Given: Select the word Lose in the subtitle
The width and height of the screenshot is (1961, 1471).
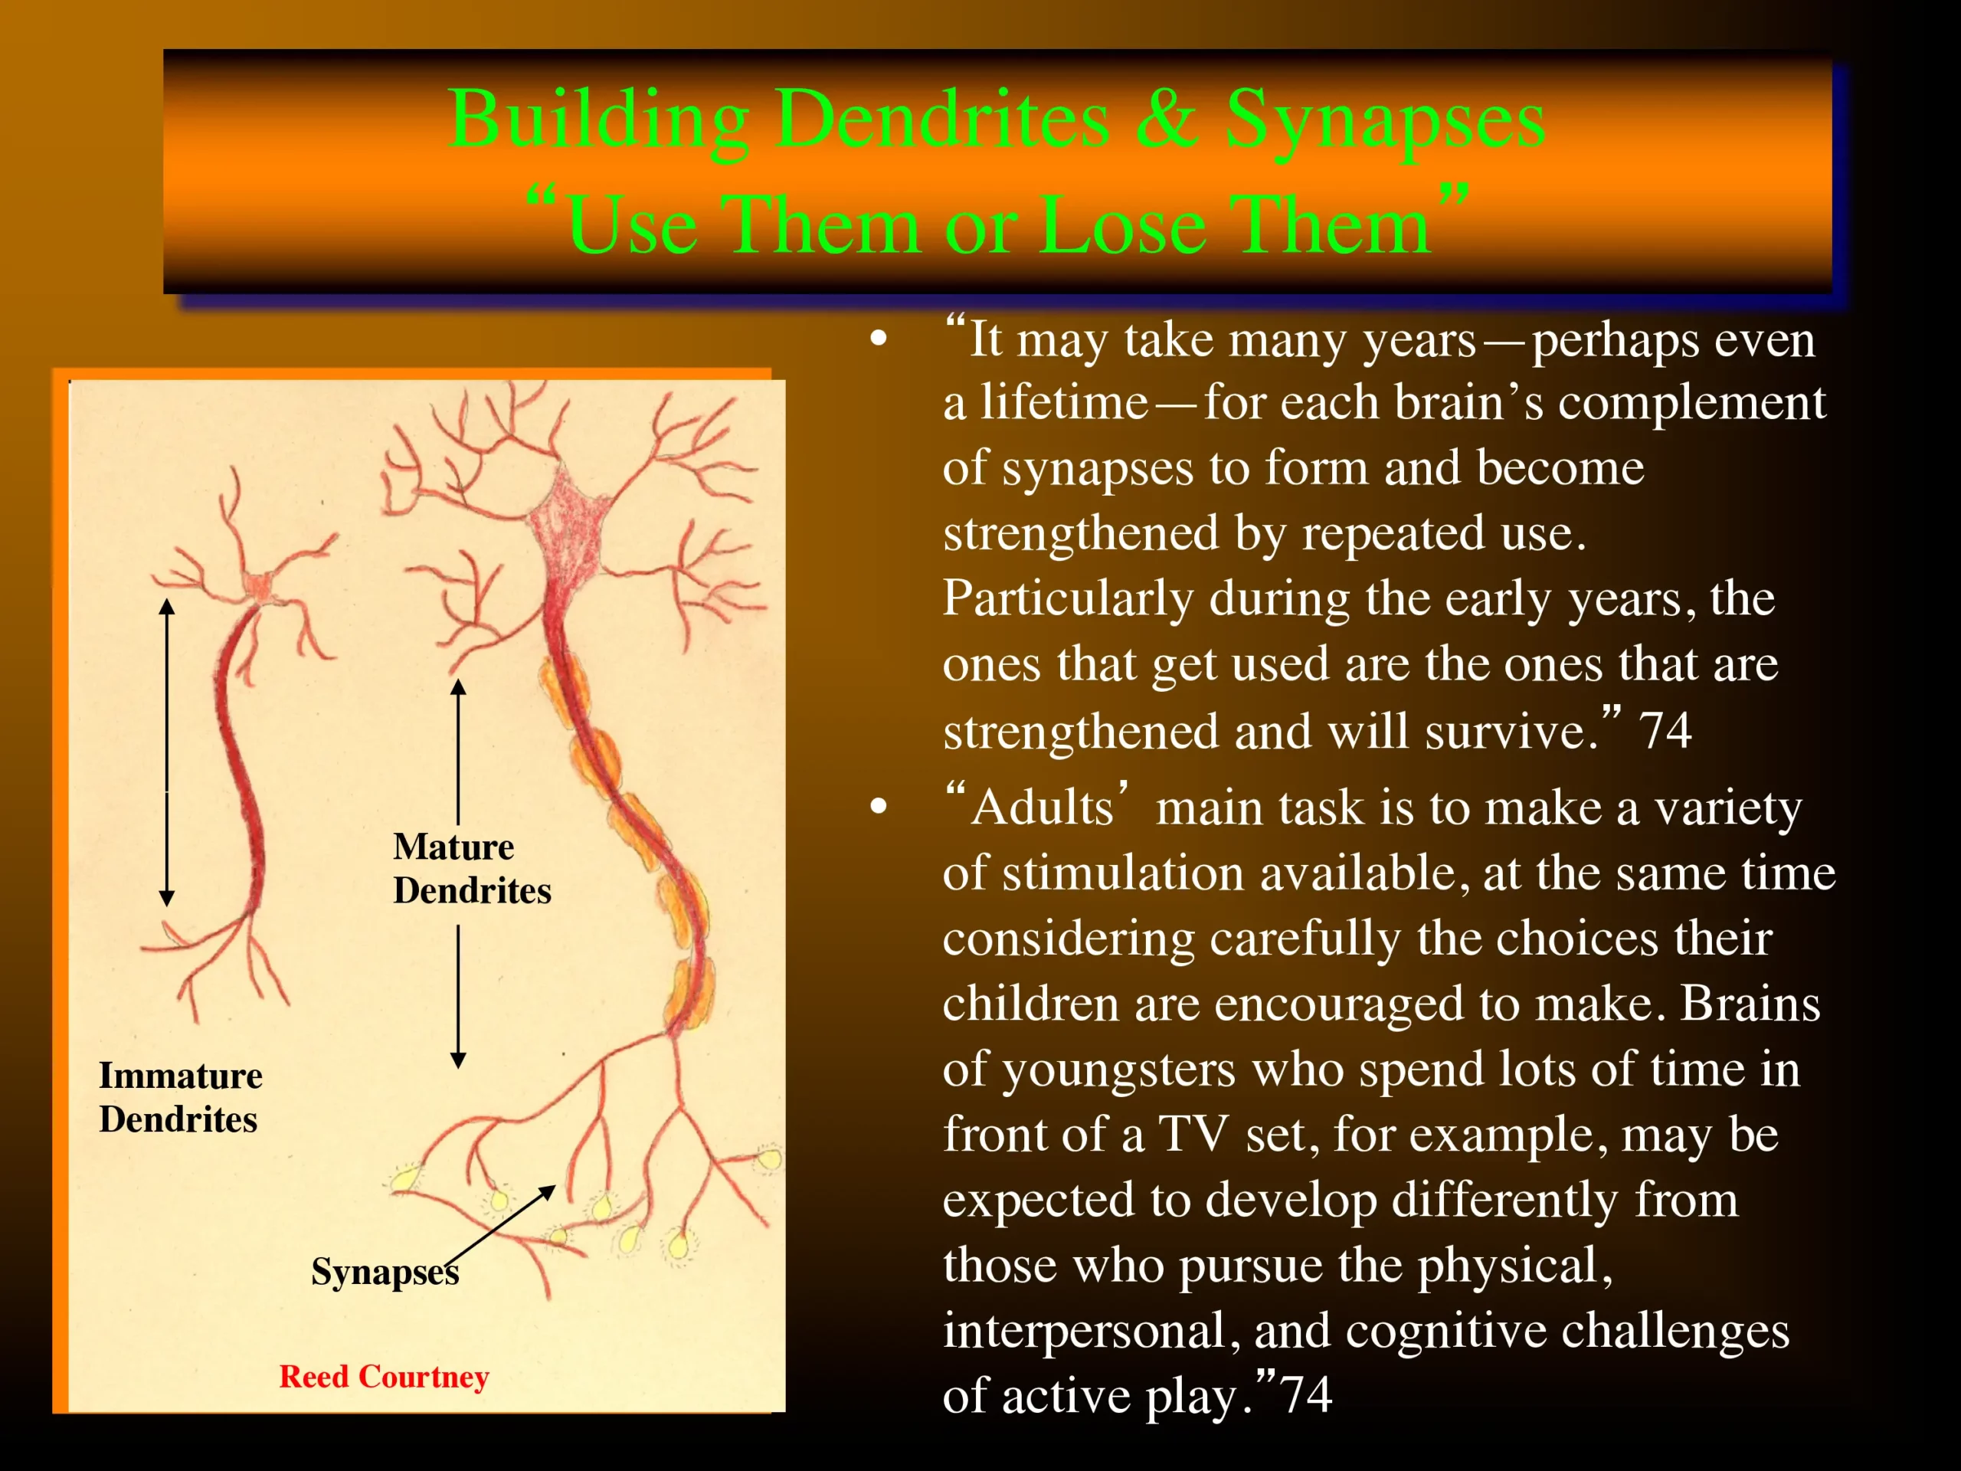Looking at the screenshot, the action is (1123, 225).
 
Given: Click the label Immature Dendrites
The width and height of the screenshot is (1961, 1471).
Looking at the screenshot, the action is (180, 1097).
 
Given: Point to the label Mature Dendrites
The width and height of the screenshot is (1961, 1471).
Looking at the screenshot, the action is (472, 868).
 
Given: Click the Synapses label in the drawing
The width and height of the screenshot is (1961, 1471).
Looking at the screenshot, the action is (385, 1273).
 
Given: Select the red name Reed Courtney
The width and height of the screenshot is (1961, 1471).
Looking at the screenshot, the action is (384, 1376).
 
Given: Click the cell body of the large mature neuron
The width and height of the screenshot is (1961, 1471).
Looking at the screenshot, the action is (568, 523).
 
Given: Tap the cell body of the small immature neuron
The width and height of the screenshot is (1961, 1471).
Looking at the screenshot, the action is (258, 587).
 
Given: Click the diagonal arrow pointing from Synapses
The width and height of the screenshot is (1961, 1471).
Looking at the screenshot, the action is (500, 1224).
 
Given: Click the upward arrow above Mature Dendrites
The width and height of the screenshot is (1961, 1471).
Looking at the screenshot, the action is (458, 752).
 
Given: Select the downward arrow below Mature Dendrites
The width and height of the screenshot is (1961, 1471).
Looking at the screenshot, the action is (458, 997).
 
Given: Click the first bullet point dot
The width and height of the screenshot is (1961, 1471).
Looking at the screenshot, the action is (879, 339).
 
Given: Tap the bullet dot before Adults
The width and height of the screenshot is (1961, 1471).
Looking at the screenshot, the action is (879, 806).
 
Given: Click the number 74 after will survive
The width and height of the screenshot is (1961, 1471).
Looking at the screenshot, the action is (1665, 731).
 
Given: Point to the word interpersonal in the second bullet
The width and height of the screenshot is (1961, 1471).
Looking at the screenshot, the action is (1092, 1331).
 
